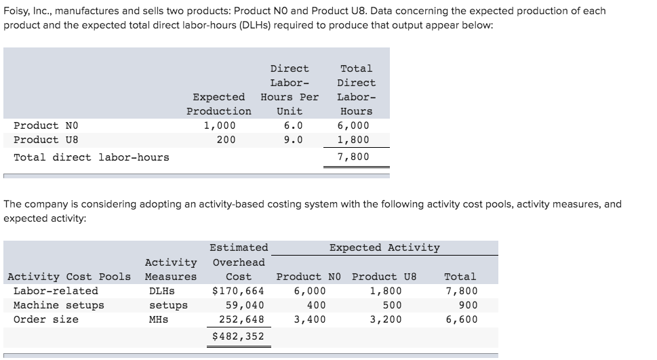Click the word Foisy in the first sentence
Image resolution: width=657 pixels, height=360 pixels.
(x=17, y=11)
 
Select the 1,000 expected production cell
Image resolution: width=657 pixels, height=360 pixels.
(x=220, y=125)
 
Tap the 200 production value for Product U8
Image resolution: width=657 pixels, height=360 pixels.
(x=226, y=140)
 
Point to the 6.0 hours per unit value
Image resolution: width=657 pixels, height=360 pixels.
(x=293, y=125)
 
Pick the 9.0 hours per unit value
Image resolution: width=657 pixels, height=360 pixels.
(x=293, y=140)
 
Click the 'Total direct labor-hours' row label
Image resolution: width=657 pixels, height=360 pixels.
(x=92, y=157)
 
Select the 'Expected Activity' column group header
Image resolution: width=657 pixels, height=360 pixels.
(x=384, y=247)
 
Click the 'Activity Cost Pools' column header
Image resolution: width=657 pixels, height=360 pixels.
(x=68, y=277)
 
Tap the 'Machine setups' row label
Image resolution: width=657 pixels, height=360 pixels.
(x=59, y=305)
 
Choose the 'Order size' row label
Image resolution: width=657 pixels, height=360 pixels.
(x=46, y=319)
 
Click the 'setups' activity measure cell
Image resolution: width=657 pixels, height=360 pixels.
(x=168, y=305)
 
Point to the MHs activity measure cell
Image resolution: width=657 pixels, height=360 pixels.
(x=159, y=319)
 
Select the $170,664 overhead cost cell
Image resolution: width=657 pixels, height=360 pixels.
(x=238, y=291)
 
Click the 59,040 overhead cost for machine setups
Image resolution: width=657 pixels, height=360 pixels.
(x=245, y=305)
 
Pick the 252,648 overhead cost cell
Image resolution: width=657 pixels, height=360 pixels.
(x=241, y=319)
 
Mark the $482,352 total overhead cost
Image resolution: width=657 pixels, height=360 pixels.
(x=238, y=336)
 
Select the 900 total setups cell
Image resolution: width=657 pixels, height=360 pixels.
(x=467, y=305)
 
